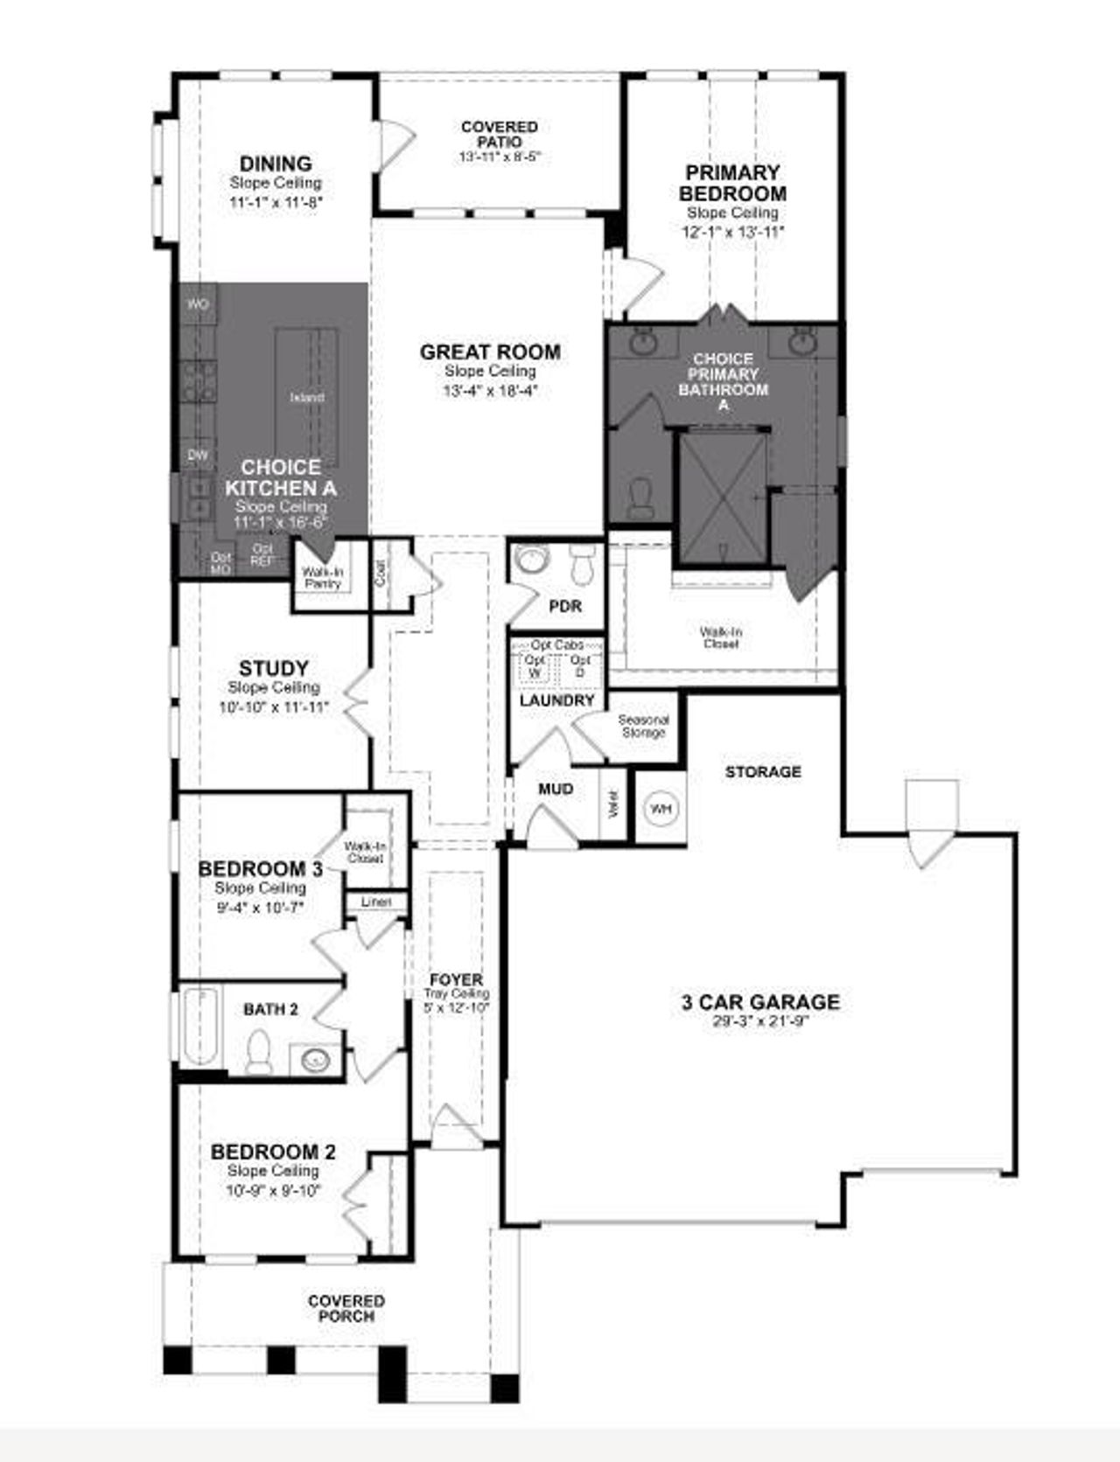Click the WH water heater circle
click(x=661, y=809)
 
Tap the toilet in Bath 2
click(x=259, y=1051)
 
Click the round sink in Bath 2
click(x=315, y=1059)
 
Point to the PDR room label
click(x=564, y=606)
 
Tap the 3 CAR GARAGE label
click(x=760, y=1002)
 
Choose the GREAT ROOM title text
click(x=490, y=352)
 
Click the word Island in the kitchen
click(x=306, y=397)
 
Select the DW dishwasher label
click(x=199, y=455)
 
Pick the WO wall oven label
click(x=199, y=304)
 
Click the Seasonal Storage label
click(x=643, y=726)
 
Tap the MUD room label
click(x=556, y=789)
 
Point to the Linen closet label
click(x=376, y=902)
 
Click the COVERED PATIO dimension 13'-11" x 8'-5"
click(x=499, y=157)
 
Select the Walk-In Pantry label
click(x=323, y=577)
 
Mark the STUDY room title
click(x=273, y=669)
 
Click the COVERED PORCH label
click(x=346, y=1308)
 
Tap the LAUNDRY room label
click(x=556, y=700)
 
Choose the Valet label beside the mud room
click(x=612, y=804)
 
